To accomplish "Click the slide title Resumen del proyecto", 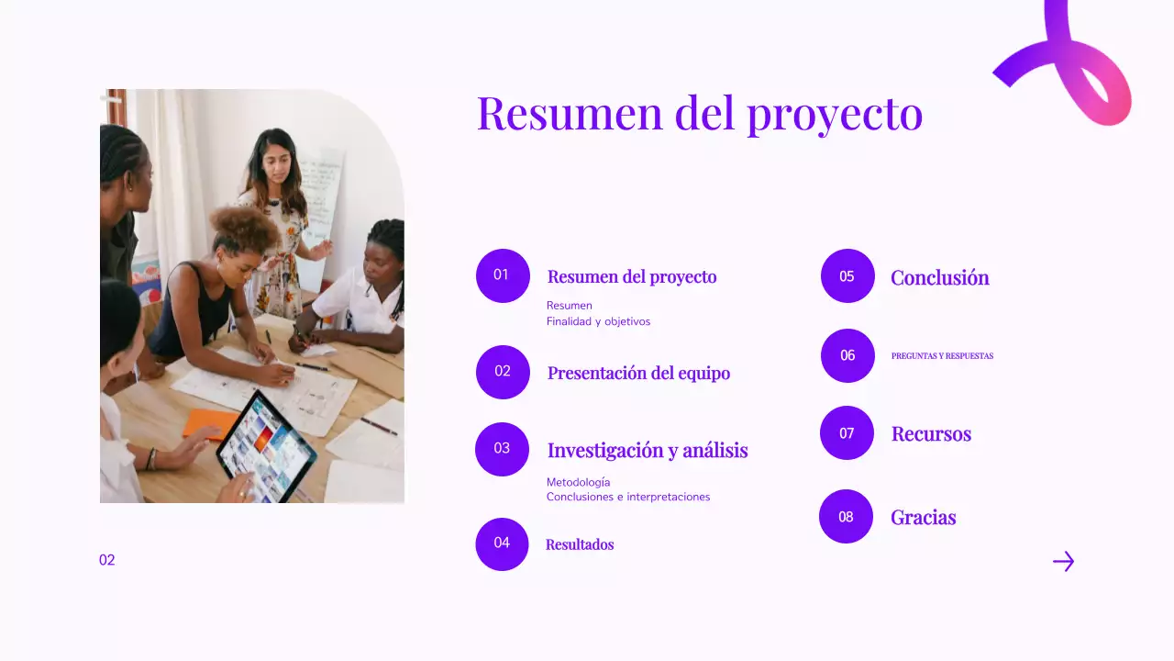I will (699, 113).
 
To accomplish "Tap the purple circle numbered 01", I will (503, 275).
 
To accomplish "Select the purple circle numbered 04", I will (502, 543).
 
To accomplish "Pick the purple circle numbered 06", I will (847, 355).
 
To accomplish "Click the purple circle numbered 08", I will (846, 517).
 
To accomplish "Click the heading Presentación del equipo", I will (638, 373).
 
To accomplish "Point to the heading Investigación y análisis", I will (648, 450).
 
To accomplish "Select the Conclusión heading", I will (939, 277).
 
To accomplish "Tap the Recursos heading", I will (931, 433).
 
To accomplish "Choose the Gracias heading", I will (923, 517).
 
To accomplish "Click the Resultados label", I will (580, 544).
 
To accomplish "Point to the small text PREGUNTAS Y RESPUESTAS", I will (942, 356).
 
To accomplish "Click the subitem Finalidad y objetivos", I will (598, 321).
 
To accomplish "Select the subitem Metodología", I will (578, 482).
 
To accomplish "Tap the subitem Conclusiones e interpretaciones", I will (628, 497).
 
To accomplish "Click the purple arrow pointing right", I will (1063, 561).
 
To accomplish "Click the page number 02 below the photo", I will (107, 560).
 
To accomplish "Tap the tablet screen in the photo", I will (266, 446).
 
